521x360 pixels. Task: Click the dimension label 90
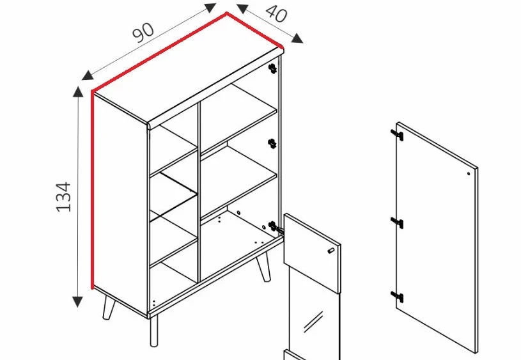[144, 33]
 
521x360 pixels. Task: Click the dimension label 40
[276, 13]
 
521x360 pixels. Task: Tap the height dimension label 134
[63, 197]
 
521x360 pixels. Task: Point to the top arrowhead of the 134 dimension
[78, 91]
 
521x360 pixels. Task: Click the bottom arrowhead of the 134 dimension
[77, 302]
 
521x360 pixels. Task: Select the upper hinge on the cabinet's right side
[273, 68]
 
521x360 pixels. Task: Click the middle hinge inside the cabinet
[272, 144]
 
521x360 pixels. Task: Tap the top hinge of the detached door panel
[397, 135]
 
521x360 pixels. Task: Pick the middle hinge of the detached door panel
[397, 223]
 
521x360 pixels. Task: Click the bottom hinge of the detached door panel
[397, 296]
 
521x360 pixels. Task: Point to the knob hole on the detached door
[469, 173]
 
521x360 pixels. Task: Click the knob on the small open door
[330, 251]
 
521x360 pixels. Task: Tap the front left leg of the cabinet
[108, 307]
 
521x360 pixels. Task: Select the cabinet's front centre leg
[153, 331]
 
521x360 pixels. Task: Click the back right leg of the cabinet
[263, 266]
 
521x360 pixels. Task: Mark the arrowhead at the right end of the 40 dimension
[298, 38]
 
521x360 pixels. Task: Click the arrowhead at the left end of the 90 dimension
[88, 75]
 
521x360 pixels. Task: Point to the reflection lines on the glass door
[313, 322]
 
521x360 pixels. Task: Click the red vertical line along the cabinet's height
[92, 190]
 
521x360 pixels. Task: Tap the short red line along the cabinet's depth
[254, 30]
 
